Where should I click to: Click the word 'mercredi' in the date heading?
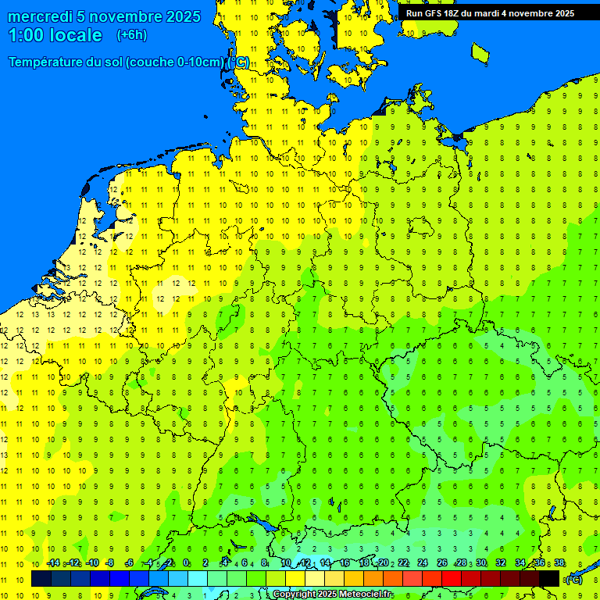[41, 16]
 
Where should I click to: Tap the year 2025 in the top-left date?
[178, 16]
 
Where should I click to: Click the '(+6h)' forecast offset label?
[131, 35]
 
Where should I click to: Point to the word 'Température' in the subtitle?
[48, 62]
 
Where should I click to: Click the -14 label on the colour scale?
[53, 563]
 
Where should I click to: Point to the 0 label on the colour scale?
[186, 563]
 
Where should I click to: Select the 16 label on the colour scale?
[344, 563]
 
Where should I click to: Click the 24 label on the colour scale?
[422, 563]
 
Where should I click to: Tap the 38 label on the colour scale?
[559, 563]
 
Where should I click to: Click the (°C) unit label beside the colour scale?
[573, 579]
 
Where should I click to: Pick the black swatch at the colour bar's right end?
[549, 578]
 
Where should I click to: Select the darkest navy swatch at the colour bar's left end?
[41, 578]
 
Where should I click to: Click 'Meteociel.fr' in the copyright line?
[366, 595]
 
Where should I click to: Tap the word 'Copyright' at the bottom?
[295, 595]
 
